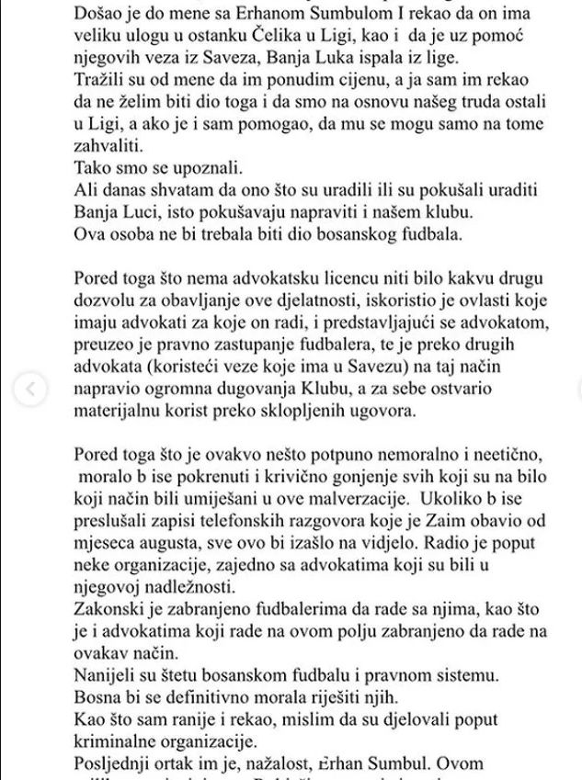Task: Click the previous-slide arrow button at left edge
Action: (30, 390)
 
